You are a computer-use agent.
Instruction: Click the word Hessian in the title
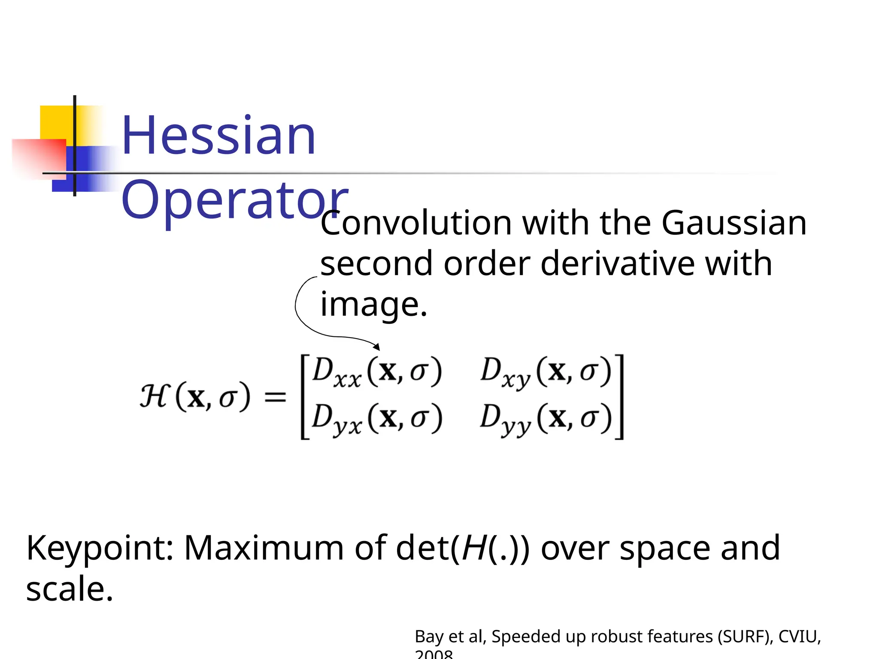coord(218,136)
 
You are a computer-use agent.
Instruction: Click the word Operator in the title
coord(234,200)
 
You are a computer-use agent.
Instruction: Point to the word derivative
coord(617,263)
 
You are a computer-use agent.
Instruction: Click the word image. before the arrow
coord(374,304)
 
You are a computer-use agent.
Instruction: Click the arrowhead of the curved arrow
coord(377,347)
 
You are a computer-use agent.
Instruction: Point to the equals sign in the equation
coord(275,396)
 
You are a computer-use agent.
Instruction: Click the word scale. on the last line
coord(70,589)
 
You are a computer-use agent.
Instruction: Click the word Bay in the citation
coord(429,637)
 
